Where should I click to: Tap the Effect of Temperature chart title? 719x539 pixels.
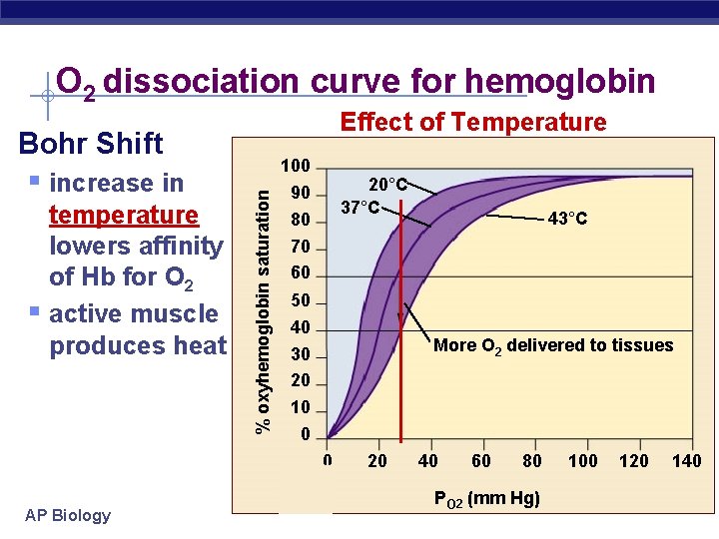click(473, 123)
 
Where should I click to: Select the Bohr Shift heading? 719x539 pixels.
click(91, 144)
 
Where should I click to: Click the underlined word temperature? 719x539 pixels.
click(123, 215)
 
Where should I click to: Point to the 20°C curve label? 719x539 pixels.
click(388, 185)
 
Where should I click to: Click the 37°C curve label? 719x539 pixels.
click(360, 208)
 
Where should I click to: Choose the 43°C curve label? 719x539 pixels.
click(567, 219)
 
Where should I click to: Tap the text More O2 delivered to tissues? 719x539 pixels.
click(553, 346)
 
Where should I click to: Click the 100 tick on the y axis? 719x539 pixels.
click(296, 166)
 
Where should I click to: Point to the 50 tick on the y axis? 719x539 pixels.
click(301, 301)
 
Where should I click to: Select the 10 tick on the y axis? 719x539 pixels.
click(301, 408)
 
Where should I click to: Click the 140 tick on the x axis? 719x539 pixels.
click(686, 461)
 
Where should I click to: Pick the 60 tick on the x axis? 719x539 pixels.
click(481, 461)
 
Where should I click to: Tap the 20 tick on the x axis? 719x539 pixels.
click(377, 461)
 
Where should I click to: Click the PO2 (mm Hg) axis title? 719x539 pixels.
click(486, 498)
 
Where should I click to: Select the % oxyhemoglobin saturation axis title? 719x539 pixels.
click(263, 300)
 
